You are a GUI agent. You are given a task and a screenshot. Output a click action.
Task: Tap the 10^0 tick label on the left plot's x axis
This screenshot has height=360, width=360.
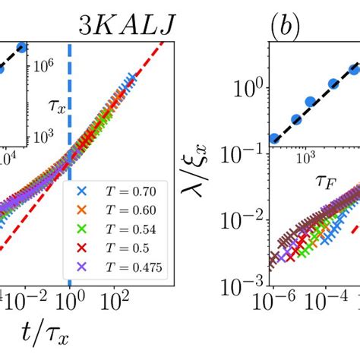click(70, 301)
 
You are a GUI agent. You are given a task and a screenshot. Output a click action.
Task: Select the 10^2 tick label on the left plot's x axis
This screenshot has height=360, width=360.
click(115, 301)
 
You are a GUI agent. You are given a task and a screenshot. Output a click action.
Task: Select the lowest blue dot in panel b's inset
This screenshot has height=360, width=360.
click(275, 138)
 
